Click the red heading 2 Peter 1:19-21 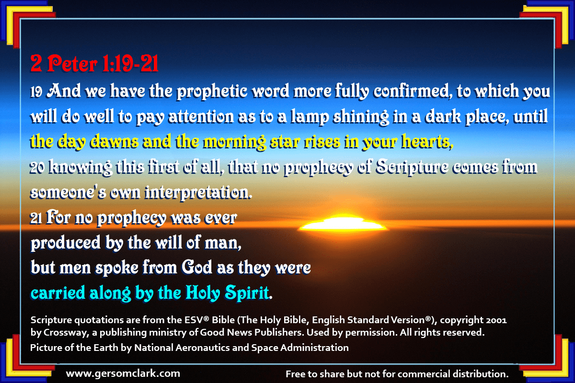94,63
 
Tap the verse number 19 36,92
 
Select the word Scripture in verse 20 412,167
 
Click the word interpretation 198,192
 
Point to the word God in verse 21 197,267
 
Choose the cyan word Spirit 247,293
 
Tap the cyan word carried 58,293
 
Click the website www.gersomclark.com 123,373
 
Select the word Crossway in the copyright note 67,332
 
